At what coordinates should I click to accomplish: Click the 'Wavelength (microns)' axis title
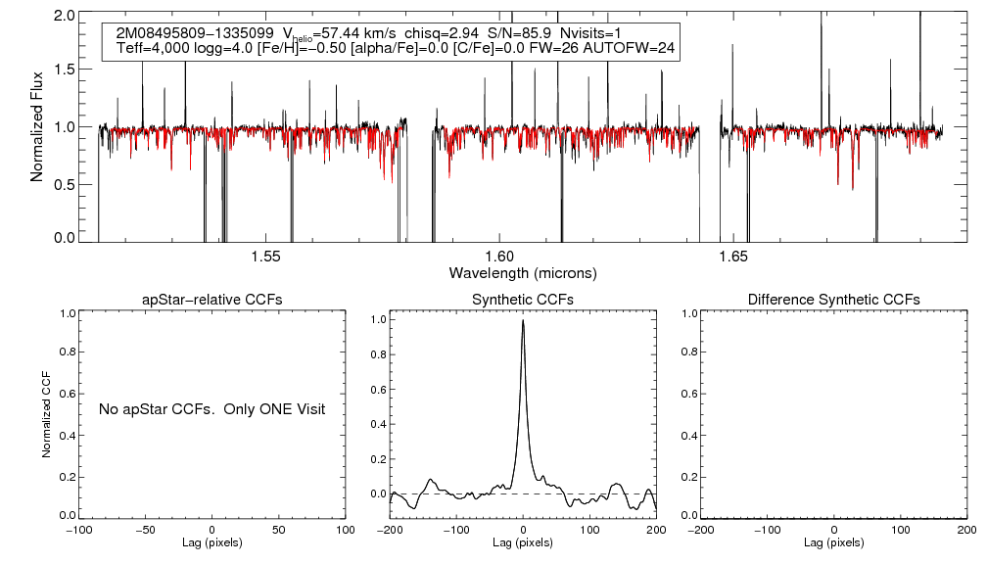point(522,272)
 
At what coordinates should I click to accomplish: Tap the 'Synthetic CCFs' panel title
point(523,299)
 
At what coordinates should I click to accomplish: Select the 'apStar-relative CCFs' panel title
point(212,299)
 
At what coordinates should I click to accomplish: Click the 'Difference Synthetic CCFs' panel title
point(833,299)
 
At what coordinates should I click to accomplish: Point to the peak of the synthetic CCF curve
point(524,320)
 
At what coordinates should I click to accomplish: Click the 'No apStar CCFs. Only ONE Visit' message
point(211,408)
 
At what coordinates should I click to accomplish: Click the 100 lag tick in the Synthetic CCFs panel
point(589,530)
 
